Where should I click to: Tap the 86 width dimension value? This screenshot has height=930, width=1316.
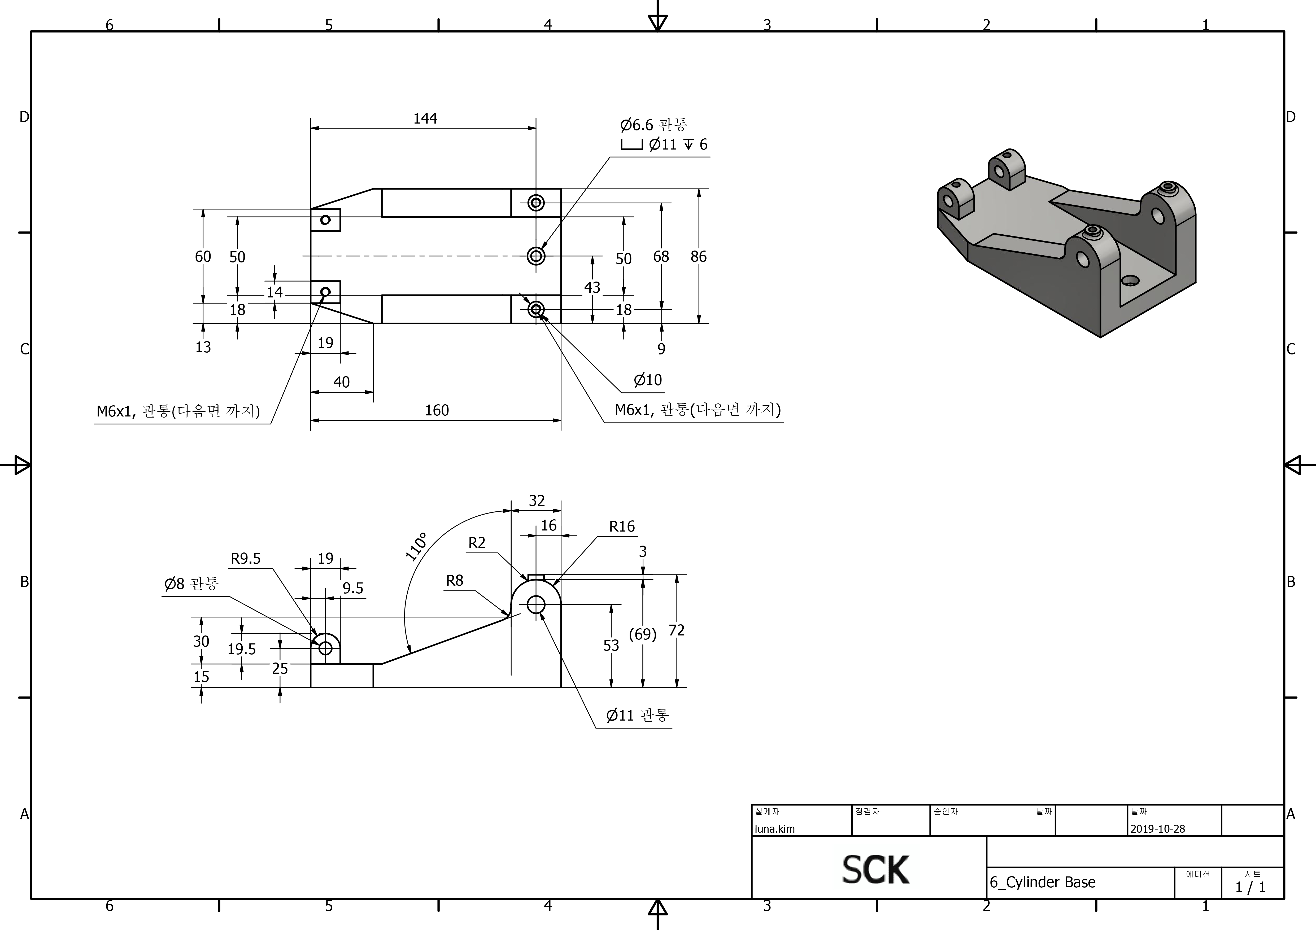pyautogui.click(x=698, y=257)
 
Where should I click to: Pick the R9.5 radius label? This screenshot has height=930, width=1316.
pyautogui.click(x=245, y=559)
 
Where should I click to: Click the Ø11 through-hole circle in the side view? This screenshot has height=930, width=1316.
pyautogui.click(x=536, y=604)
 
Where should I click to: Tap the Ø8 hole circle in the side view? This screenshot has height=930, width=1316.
pyautogui.click(x=325, y=648)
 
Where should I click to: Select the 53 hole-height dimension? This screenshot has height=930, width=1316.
pyautogui.click(x=611, y=646)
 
